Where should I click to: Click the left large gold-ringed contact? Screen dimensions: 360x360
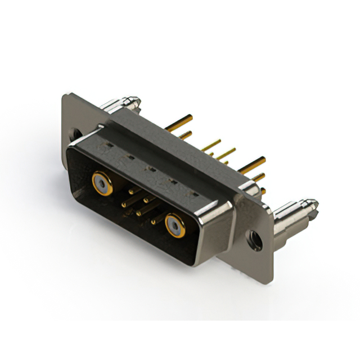click(x=101, y=181)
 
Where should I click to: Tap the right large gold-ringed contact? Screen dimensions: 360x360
click(x=175, y=226)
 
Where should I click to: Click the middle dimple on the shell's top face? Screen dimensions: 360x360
click(x=151, y=168)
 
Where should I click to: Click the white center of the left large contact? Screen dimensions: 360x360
click(x=101, y=181)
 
